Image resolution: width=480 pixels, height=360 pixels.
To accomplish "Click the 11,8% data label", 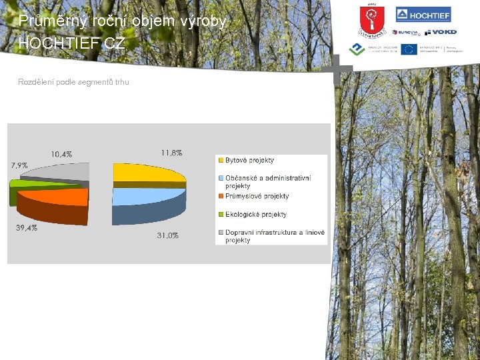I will pos(171,153).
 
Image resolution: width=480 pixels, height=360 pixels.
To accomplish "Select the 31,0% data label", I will pos(167,235).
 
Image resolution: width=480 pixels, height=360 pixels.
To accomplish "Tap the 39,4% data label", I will pos(27,228).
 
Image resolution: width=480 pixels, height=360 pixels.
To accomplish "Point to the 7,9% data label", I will pos(19,165).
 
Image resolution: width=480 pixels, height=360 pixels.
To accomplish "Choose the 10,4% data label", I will pos(61,154).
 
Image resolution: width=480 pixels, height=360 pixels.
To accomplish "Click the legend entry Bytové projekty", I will pos(249,160).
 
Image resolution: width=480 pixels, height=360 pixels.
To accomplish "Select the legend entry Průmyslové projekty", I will pos(257,196).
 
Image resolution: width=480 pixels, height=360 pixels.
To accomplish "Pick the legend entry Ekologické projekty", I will pos(255,214).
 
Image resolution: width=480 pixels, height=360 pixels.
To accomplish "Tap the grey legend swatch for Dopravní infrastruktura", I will pos(220,233).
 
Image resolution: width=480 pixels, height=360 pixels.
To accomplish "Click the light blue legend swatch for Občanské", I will pos(220,178).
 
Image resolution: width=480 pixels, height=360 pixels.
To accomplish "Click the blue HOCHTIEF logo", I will pos(423,15).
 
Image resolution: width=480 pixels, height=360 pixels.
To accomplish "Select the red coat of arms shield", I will pos(368,19).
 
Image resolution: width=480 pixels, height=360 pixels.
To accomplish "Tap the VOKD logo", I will pos(441,32).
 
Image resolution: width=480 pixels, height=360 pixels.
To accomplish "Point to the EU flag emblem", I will pos(409,49).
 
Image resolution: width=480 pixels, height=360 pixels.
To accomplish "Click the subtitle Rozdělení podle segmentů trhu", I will pos(74,82).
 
